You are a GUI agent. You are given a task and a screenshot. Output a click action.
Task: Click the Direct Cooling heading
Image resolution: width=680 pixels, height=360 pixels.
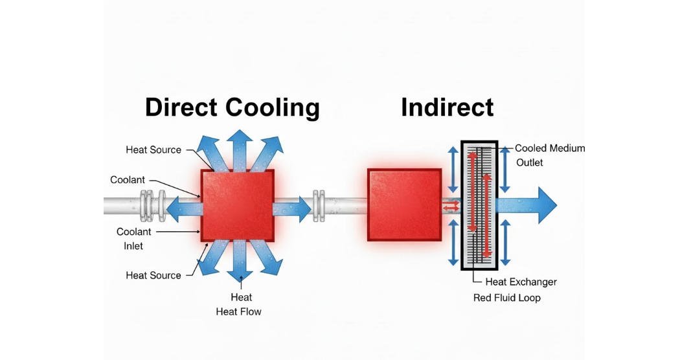tap(232, 107)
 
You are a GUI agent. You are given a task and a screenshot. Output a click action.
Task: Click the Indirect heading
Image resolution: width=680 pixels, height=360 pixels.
tap(447, 107)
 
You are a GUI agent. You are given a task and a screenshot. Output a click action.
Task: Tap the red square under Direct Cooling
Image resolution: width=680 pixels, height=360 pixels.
tap(238, 205)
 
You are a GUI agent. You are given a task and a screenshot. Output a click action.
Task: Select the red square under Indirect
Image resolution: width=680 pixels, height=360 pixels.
tap(404, 205)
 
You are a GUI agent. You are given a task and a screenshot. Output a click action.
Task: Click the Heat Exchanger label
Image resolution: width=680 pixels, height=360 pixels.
tap(521, 282)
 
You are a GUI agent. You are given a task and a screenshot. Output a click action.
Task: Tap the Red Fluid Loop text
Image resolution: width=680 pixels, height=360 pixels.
tap(506, 298)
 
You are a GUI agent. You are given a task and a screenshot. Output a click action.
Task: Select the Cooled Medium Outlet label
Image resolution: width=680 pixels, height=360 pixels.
tap(549, 155)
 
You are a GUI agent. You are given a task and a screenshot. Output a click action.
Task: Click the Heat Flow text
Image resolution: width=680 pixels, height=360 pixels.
tap(238, 311)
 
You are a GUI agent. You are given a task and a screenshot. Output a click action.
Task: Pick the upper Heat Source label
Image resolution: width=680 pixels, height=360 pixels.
tap(153, 150)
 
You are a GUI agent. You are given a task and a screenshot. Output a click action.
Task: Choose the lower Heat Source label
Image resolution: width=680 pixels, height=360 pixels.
tap(153, 275)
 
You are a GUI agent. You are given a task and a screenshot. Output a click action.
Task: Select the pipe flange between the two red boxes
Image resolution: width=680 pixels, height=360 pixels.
tap(319, 206)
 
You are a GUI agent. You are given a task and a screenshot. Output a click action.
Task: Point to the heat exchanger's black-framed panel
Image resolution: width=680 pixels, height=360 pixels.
tap(479, 205)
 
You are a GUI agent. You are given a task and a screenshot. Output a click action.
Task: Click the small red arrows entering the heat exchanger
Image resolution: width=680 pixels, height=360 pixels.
tap(451, 206)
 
